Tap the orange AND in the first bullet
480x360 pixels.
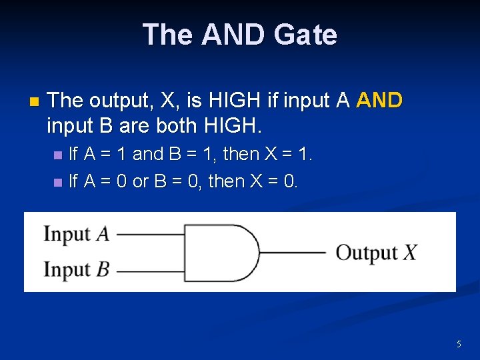pyautogui.click(x=380, y=101)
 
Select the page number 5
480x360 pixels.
pyautogui.click(x=459, y=344)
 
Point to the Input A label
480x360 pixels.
pyautogui.click(x=77, y=234)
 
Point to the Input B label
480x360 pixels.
pyautogui.click(x=77, y=270)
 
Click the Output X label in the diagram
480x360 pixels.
pyautogui.click(x=377, y=253)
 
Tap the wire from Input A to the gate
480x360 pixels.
pyautogui.click(x=150, y=234)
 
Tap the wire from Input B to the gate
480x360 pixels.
pyautogui.click(x=150, y=270)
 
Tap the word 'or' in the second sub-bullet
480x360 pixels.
pyautogui.click(x=141, y=181)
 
